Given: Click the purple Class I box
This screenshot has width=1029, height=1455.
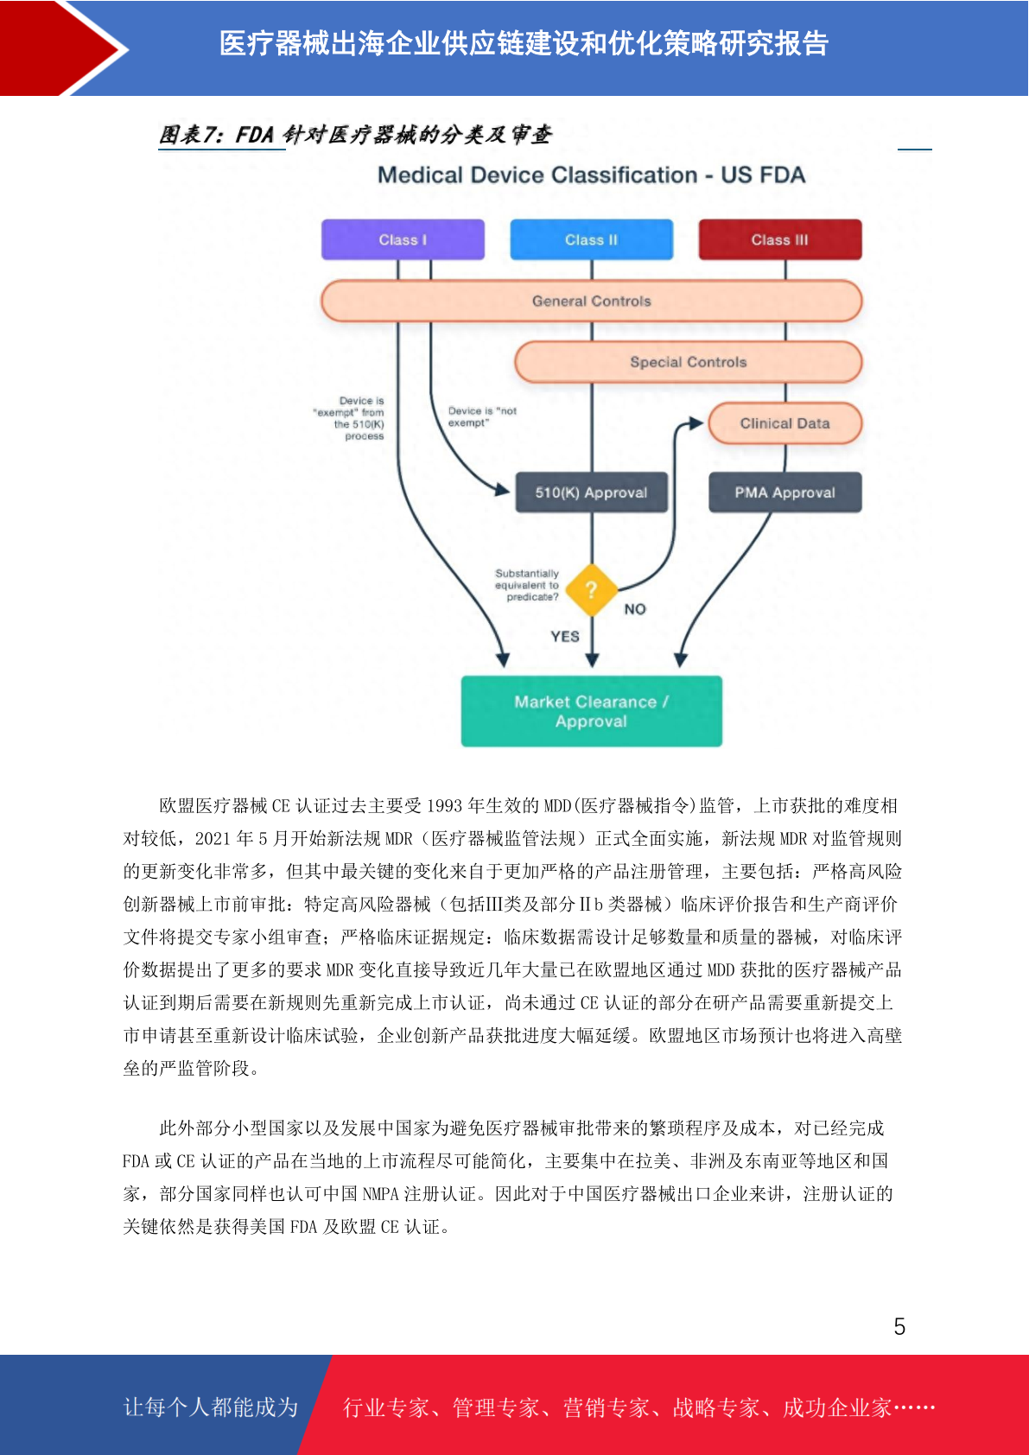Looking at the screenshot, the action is (x=403, y=239).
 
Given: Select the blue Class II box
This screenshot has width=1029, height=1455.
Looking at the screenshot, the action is (x=591, y=239).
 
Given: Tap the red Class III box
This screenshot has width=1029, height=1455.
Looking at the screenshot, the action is (x=780, y=239).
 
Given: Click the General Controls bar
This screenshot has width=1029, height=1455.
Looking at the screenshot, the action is (x=591, y=301).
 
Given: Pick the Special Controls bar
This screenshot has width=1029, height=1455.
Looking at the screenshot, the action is (x=688, y=362).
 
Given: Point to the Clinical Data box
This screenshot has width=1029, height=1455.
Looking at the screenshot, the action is (x=784, y=423).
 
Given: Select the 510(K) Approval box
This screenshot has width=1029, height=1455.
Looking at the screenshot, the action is (x=591, y=492).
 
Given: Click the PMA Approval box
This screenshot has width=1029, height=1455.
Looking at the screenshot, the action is (x=784, y=492).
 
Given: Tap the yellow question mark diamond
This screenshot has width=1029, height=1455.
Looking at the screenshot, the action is (x=591, y=590).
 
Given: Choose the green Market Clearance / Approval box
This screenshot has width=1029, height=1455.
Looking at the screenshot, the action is (x=591, y=711).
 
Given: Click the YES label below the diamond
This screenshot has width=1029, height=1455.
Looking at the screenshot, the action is (x=564, y=637).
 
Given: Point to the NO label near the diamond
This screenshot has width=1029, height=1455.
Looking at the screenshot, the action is (x=635, y=609).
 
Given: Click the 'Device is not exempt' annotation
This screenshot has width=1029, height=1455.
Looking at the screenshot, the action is (x=482, y=417).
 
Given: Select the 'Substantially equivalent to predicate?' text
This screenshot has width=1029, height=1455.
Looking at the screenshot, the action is (x=526, y=585).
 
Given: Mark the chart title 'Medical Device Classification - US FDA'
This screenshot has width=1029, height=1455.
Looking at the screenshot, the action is (x=591, y=175).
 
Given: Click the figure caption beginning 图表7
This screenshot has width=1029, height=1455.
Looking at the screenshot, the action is (x=355, y=135).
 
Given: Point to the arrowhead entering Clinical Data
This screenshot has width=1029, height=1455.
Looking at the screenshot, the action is (x=696, y=423).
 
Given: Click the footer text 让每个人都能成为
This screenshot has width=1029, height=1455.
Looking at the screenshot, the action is (x=211, y=1407).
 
